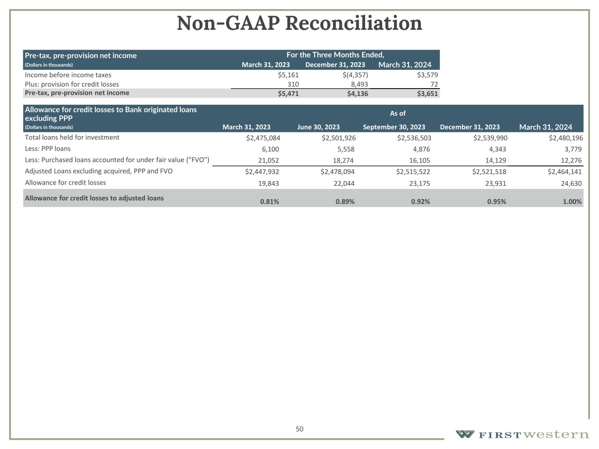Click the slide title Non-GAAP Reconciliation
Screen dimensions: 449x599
point(299,23)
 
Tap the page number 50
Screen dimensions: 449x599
point(299,429)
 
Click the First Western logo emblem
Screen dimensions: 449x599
point(465,434)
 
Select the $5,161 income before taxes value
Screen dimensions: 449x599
point(288,75)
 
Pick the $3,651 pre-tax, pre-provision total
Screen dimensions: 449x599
point(427,93)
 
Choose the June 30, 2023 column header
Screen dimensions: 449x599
point(318,127)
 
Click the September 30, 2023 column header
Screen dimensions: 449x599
point(394,127)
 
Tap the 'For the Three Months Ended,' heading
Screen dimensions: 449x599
point(335,55)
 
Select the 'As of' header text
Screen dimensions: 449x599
point(398,114)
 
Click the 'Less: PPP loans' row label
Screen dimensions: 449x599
point(48,149)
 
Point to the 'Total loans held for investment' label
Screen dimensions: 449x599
point(72,138)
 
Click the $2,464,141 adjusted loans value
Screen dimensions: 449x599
point(564,171)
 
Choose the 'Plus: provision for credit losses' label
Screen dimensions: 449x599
point(72,84)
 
